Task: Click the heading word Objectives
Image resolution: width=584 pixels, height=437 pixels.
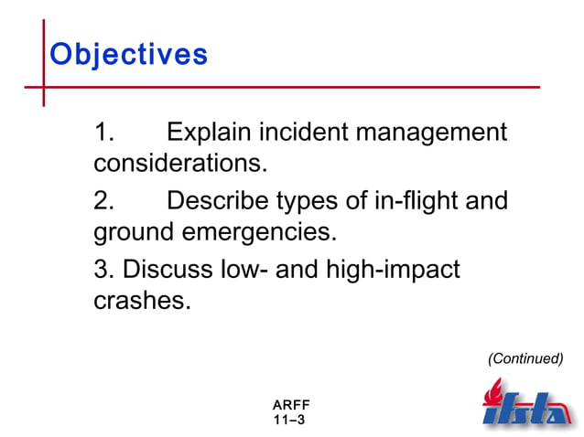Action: point(128,54)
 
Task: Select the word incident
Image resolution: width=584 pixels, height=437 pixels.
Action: point(303,133)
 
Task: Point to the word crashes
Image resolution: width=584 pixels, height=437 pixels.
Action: point(142,301)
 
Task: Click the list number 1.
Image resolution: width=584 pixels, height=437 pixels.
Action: point(103,133)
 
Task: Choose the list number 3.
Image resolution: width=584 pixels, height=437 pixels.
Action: point(103,270)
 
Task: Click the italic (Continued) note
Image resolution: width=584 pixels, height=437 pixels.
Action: point(525,358)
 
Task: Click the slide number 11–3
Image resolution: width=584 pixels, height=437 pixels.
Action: point(289,420)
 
